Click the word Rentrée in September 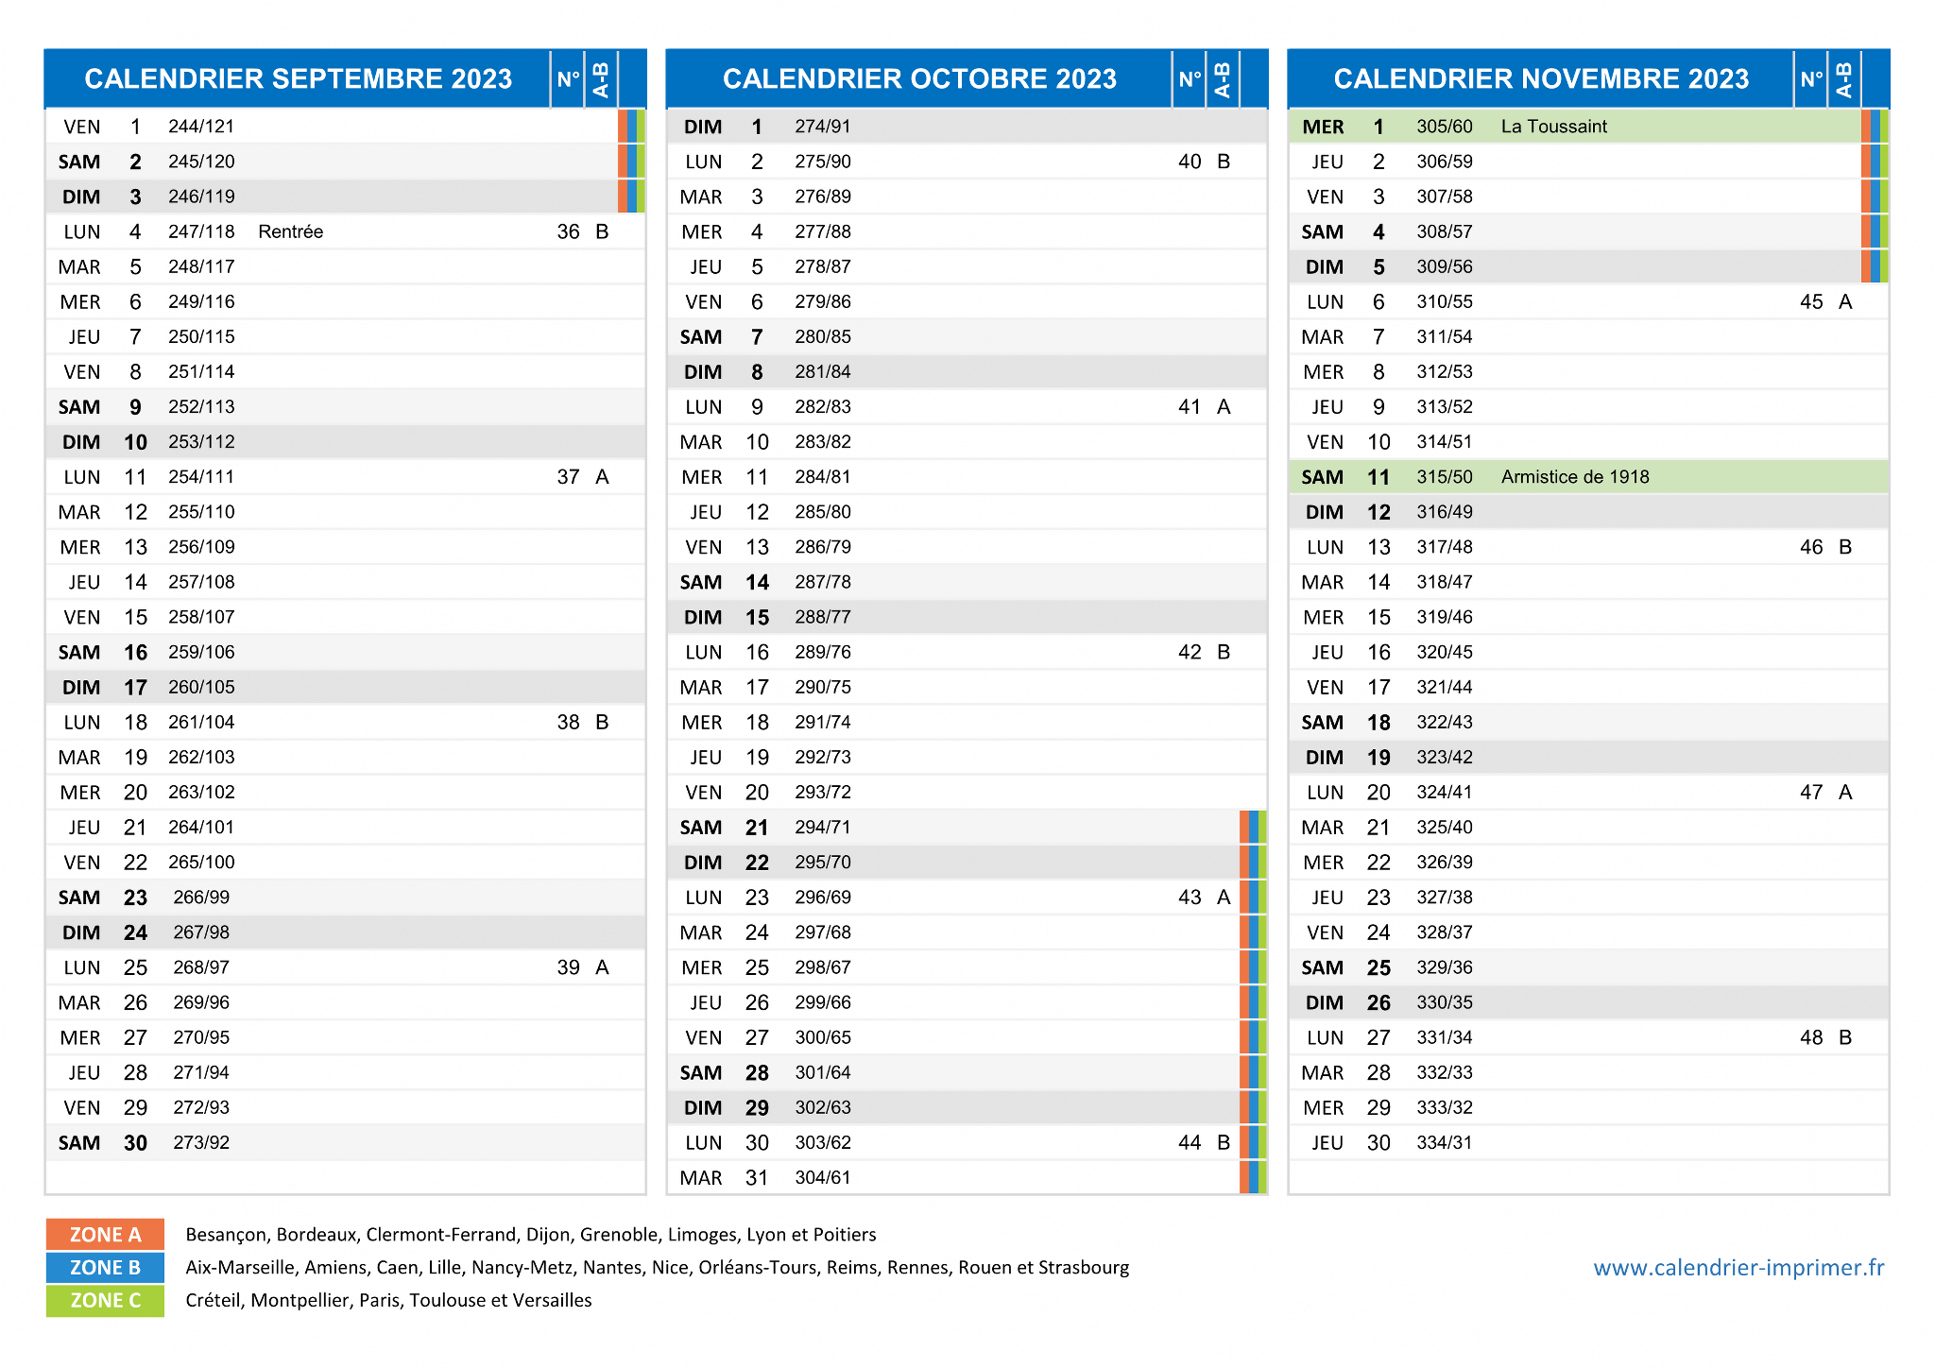coord(290,231)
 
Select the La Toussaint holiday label coord(1553,127)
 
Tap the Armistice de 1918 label coord(1575,477)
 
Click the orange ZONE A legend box coord(105,1234)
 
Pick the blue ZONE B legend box coord(105,1267)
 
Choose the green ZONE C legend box coord(105,1300)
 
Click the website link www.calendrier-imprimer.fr coord(1738,1267)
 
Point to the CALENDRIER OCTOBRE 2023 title coord(919,78)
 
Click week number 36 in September coord(568,231)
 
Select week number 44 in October coord(1190,1142)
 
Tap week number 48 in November coord(1811,1037)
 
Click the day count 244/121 coord(201,127)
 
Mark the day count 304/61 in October coord(823,1177)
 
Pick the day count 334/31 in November coord(1445,1142)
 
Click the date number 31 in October coord(757,1177)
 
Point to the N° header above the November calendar coord(1810,78)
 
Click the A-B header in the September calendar coord(601,79)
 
